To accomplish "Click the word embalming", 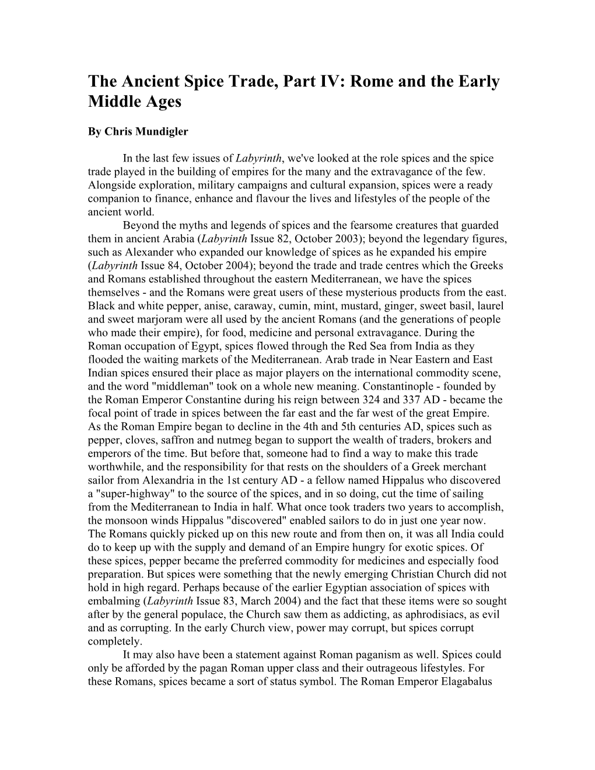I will [113, 601].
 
